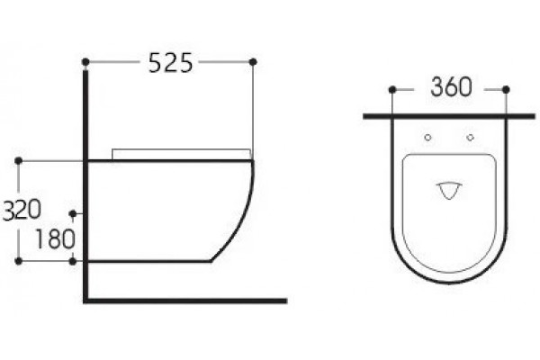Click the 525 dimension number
(170, 63)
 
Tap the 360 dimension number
(451, 86)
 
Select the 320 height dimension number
(22, 210)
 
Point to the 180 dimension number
(55, 238)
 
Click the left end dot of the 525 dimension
(85, 62)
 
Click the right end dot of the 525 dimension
(253, 62)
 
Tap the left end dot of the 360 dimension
(392, 90)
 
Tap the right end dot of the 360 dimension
(506, 90)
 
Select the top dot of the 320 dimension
(19, 161)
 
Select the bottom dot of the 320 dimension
(19, 262)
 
